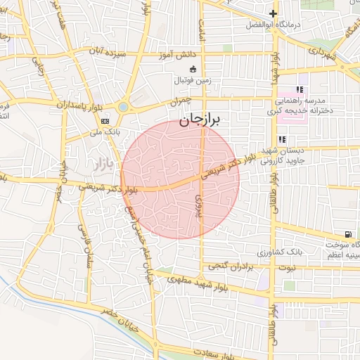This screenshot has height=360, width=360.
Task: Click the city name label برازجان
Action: coord(200,120)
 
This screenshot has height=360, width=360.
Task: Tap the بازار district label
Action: coord(102,164)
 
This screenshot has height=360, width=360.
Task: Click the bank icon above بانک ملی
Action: coord(105,121)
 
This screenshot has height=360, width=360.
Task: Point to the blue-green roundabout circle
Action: coord(123,107)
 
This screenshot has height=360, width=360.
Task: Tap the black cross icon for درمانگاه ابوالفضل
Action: coord(274,13)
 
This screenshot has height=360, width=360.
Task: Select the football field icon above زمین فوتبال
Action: coord(193,69)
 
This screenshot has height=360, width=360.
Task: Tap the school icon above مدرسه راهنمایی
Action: coord(300,89)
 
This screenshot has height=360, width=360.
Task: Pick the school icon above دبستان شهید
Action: coord(282,139)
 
